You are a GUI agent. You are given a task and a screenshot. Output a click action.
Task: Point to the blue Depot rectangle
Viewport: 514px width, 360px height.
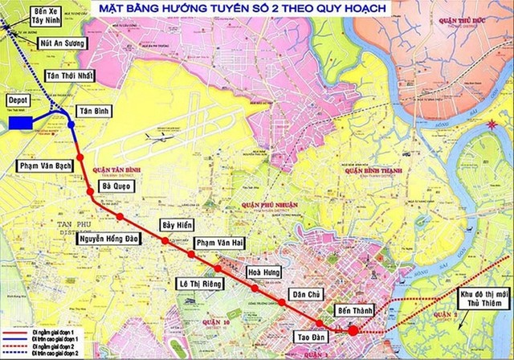[20, 123]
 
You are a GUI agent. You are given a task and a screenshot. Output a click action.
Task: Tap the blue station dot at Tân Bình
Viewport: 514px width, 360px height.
[71, 125]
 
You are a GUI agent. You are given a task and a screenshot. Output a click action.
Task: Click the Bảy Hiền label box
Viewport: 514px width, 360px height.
[178, 225]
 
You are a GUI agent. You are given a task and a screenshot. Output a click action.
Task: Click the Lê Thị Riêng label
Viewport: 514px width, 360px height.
[201, 284]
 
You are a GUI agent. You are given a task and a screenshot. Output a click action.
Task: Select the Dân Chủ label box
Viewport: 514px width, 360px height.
[310, 295]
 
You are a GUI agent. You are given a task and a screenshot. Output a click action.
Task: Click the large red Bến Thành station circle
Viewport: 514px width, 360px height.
[353, 330]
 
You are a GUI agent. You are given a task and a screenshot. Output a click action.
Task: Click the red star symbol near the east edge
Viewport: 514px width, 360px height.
[492, 124]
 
